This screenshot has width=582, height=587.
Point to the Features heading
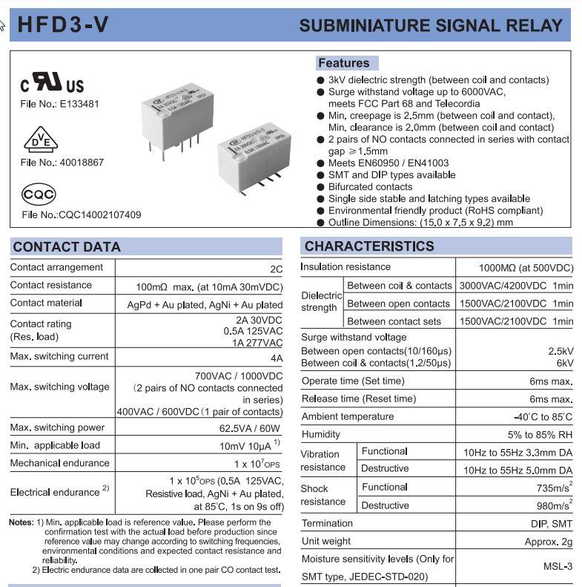click(x=343, y=63)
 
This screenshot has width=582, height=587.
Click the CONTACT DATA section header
click(x=67, y=247)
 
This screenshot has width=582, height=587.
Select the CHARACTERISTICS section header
click(x=369, y=246)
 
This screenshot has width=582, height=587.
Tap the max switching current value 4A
click(x=276, y=358)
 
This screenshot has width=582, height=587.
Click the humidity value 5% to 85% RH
click(x=540, y=435)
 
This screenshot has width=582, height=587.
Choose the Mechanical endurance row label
click(x=59, y=463)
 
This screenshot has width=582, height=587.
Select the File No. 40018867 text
click(x=62, y=162)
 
